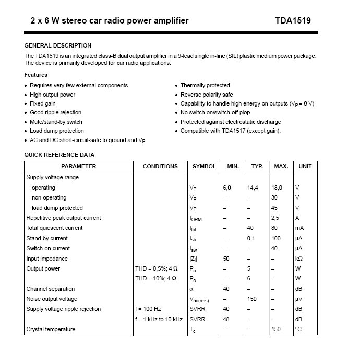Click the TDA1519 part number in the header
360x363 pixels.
(x=293, y=21)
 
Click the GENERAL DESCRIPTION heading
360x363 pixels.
(x=58, y=45)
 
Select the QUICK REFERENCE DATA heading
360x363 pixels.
(x=59, y=155)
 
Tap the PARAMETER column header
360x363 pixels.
(x=79, y=166)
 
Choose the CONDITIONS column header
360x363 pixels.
(x=160, y=166)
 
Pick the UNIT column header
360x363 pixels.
(x=305, y=166)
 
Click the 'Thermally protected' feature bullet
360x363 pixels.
(x=205, y=85)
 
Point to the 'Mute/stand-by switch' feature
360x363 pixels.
(x=56, y=122)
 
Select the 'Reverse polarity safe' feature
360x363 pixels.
(x=207, y=95)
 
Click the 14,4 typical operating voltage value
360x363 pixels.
(x=254, y=188)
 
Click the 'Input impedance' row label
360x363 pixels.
(x=47, y=259)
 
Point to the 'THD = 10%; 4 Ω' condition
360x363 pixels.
(x=157, y=278)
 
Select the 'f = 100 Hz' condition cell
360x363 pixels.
(x=148, y=309)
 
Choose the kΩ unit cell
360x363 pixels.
(x=299, y=259)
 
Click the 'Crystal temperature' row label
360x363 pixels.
(x=51, y=329)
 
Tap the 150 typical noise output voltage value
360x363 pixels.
(x=252, y=299)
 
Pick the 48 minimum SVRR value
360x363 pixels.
(x=226, y=319)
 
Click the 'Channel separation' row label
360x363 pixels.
(x=51, y=289)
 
